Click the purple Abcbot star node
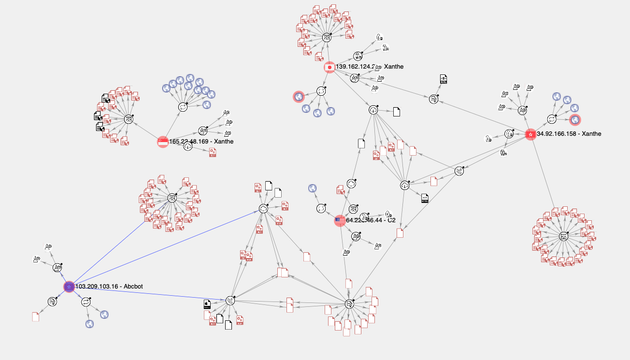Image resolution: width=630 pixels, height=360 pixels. click(69, 287)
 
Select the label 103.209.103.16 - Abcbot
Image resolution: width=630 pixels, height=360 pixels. click(109, 287)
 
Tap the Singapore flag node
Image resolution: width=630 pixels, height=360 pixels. click(163, 142)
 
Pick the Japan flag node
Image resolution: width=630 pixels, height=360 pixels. click(329, 67)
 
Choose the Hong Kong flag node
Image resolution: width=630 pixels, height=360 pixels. click(530, 134)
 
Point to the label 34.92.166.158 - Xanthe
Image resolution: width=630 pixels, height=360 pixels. click(569, 134)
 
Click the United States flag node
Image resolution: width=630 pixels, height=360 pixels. click(340, 221)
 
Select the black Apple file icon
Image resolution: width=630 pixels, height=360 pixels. click(207, 304)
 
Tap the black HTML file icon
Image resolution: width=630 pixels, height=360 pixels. click(425, 198)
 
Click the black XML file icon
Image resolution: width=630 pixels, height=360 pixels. click(444, 79)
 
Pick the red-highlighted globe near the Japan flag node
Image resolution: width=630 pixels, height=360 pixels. click(299, 97)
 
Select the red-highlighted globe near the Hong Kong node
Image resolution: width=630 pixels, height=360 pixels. click(575, 119)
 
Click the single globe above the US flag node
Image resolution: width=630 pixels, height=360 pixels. click(312, 188)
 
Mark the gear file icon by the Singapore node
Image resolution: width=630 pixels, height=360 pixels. click(213, 153)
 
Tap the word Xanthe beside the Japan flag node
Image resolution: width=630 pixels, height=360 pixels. click(394, 67)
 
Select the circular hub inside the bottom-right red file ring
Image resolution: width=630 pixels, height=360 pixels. click(563, 236)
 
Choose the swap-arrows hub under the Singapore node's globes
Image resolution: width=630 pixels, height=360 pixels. click(183, 107)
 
